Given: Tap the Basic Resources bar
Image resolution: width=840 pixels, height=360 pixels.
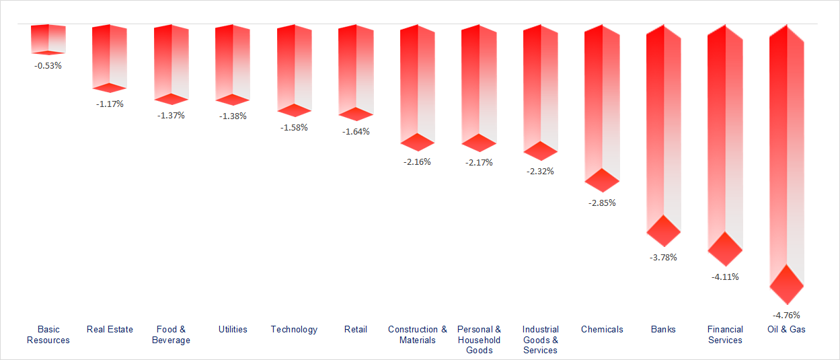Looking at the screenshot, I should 48,38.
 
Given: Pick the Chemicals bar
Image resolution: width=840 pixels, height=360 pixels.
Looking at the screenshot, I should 601,101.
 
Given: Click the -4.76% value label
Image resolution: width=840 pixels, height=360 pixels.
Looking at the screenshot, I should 786,315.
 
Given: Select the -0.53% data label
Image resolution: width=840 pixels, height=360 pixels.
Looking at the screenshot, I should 48,66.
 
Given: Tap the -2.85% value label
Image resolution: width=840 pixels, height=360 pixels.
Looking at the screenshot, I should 602,203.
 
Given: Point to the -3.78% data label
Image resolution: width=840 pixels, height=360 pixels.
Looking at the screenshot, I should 663,257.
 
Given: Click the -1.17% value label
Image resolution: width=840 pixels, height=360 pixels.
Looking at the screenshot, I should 110,104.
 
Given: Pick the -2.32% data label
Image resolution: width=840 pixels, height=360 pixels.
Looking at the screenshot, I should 540,171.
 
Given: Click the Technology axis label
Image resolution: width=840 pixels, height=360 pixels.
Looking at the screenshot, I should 294,330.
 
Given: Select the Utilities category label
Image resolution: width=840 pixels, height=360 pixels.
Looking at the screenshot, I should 233,330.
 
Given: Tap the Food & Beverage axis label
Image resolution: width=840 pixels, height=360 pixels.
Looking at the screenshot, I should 171,334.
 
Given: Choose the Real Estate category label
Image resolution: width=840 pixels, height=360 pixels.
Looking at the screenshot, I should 110,330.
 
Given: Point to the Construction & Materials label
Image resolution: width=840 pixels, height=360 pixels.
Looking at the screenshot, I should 417,334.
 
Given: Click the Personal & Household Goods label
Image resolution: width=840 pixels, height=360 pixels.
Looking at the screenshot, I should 479,340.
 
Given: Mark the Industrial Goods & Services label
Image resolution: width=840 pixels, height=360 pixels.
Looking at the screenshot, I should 540,340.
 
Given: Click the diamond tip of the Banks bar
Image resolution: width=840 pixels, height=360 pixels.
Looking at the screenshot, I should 664,231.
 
